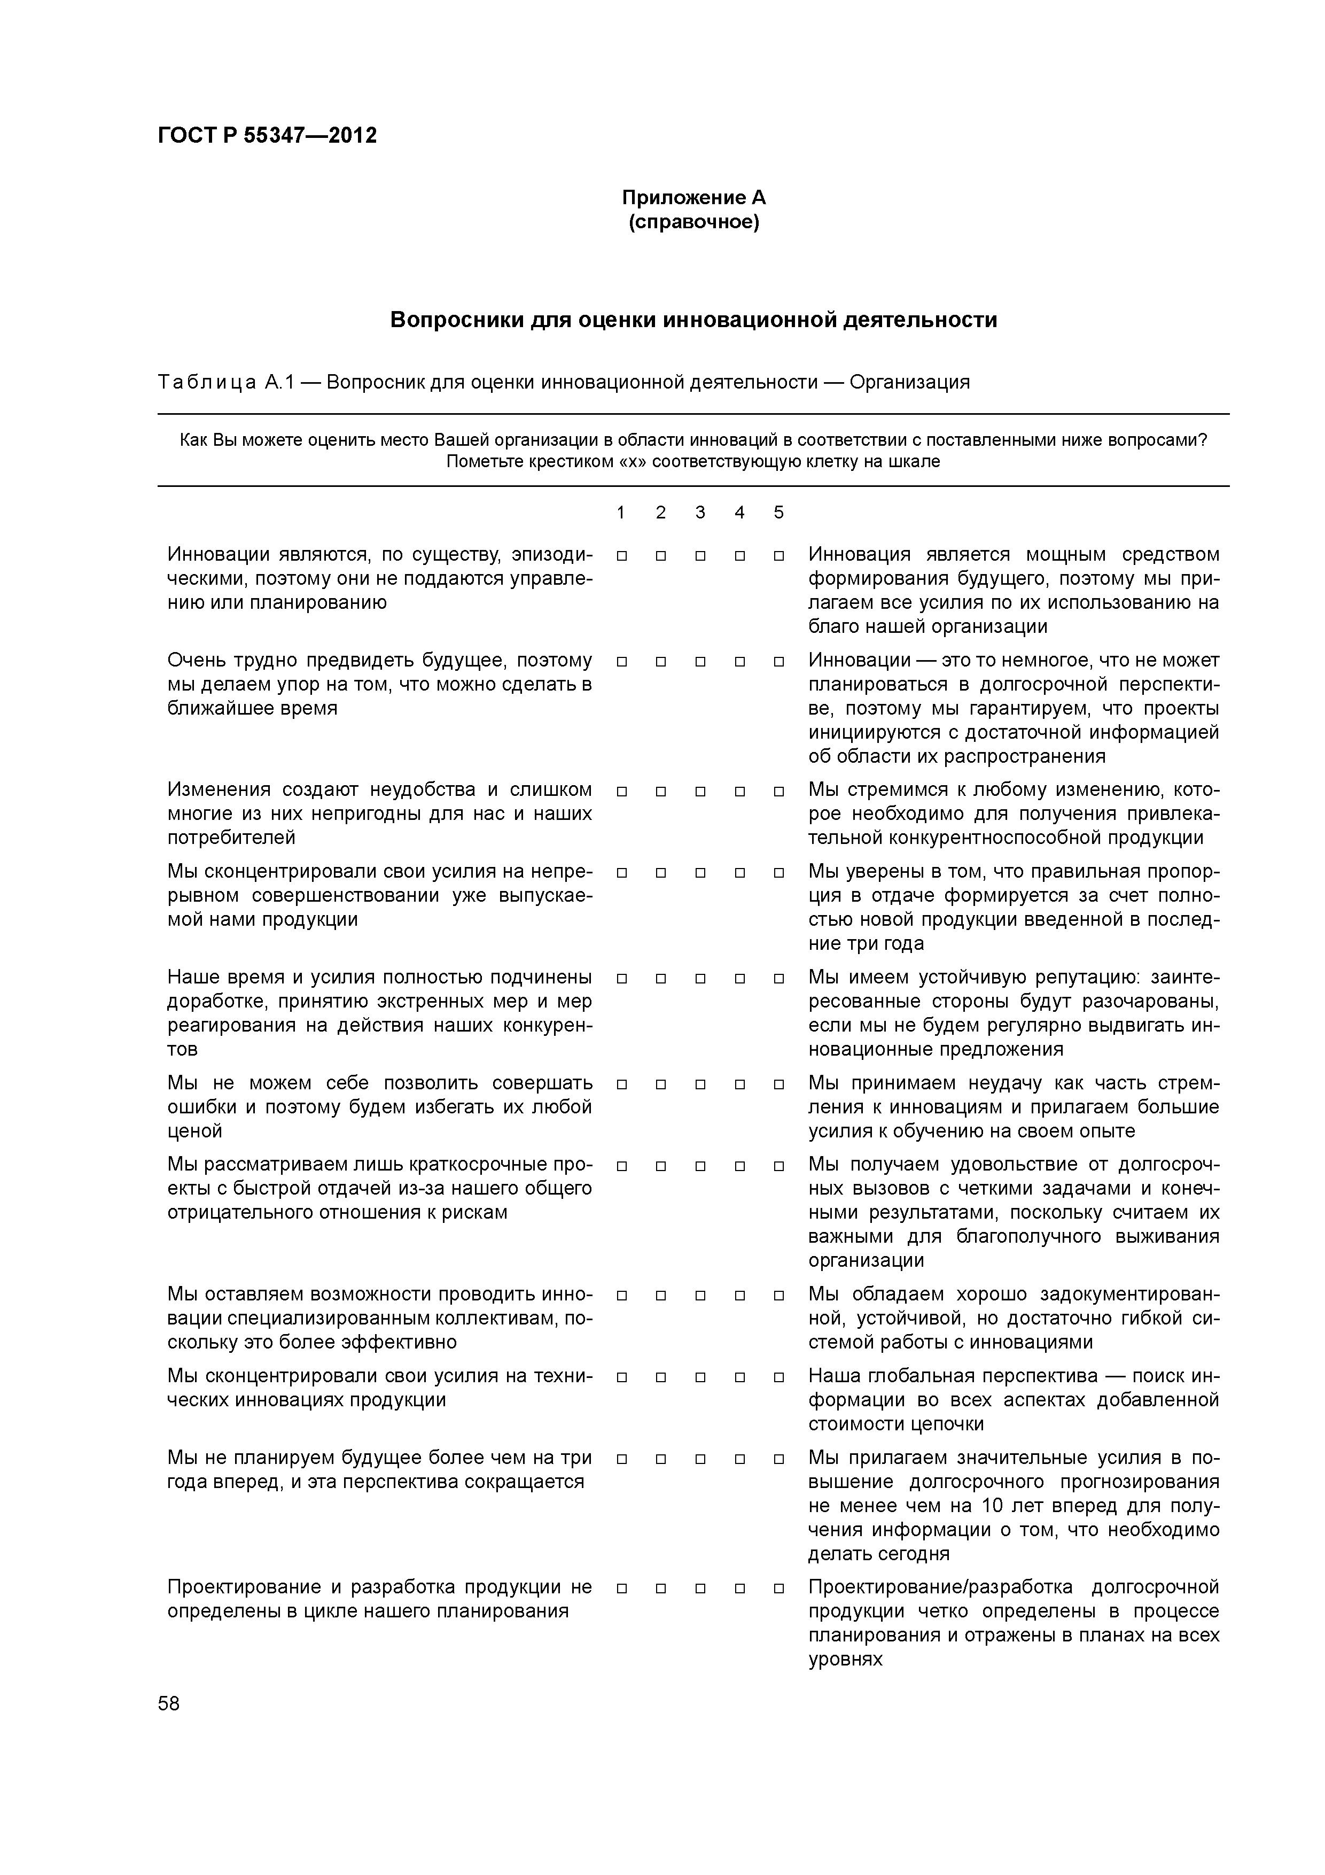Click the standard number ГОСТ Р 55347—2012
[267, 136]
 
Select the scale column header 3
[700, 512]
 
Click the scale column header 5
[778, 512]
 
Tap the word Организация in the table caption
[909, 382]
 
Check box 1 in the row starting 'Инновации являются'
[621, 556]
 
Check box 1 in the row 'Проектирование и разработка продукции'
[621, 1589]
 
